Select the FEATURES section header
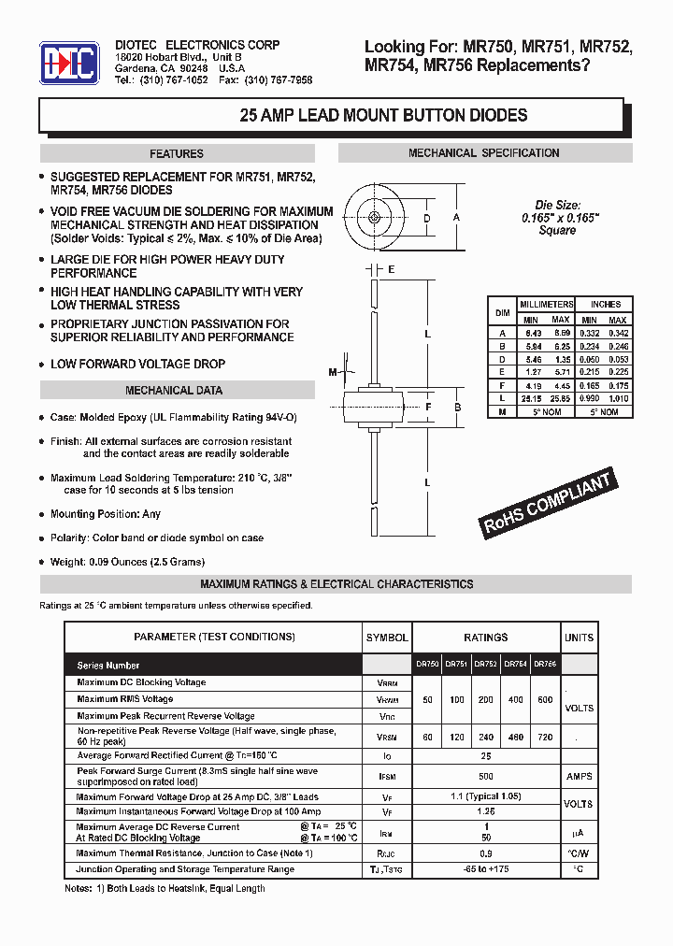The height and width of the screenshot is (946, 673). click(x=176, y=154)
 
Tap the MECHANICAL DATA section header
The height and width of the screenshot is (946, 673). click(x=174, y=391)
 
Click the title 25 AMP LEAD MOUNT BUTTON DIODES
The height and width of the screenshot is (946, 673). click(x=383, y=116)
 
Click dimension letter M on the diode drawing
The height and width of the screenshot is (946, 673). click(x=333, y=373)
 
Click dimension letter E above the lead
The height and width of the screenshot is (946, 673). click(x=391, y=269)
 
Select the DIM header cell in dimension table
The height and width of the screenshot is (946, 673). click(x=502, y=312)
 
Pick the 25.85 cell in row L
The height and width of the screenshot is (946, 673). click(x=560, y=399)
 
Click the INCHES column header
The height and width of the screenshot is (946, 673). click(x=605, y=305)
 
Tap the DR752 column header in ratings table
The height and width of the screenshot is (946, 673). click(x=485, y=665)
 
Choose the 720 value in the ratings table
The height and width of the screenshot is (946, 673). click(x=543, y=738)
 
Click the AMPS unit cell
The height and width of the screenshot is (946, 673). click(x=579, y=776)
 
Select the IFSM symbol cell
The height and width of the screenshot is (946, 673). click(x=387, y=777)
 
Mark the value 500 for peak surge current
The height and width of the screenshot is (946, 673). click(x=486, y=776)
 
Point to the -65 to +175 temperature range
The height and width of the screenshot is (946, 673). click(x=486, y=869)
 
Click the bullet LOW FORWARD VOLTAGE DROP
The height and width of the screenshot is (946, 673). click(x=137, y=364)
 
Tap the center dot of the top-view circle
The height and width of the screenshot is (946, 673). click(x=374, y=218)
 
